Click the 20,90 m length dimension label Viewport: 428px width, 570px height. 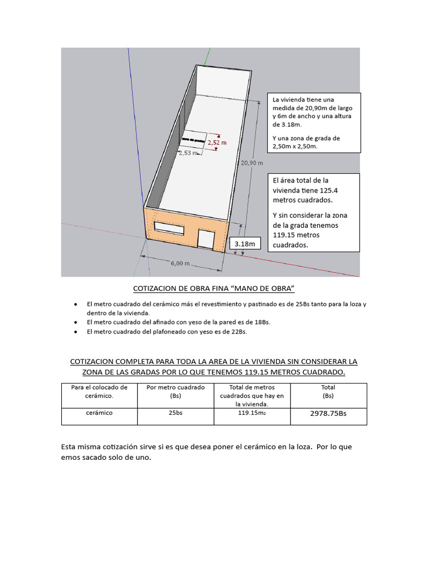(x=251, y=163)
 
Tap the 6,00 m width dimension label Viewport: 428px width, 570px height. (x=180, y=263)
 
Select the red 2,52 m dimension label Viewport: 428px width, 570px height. (x=217, y=142)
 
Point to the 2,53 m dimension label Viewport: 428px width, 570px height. (x=188, y=153)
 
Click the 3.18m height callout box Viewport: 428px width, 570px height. (x=245, y=244)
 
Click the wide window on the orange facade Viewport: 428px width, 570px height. (x=169, y=228)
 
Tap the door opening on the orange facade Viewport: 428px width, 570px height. (x=206, y=239)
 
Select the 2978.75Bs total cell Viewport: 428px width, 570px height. (x=328, y=414)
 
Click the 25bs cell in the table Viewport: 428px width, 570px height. (x=176, y=413)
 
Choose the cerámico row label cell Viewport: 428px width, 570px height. (x=100, y=413)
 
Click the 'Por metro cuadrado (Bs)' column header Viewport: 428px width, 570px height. (x=176, y=391)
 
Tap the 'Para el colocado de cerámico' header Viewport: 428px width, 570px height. (x=100, y=391)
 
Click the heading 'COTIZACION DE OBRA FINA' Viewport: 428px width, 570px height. (x=213, y=288)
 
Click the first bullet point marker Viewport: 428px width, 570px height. (x=75, y=305)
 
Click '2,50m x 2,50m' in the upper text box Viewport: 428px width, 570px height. (x=295, y=146)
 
